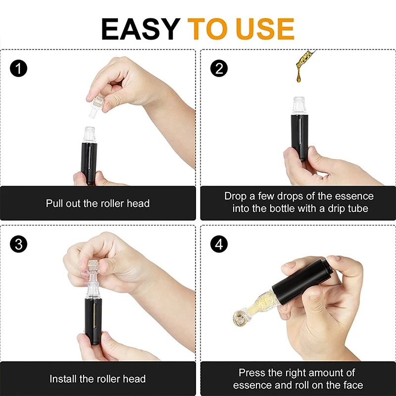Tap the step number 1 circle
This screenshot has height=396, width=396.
pos(18,68)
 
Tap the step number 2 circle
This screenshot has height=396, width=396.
pos(219,68)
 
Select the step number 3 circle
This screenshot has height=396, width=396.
pos(18,244)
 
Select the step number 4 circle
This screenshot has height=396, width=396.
pos(219,244)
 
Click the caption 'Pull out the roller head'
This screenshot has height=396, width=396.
pos(98,203)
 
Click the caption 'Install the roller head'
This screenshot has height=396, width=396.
pos(98,379)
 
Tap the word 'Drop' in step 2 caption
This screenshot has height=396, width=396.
pos(236,196)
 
